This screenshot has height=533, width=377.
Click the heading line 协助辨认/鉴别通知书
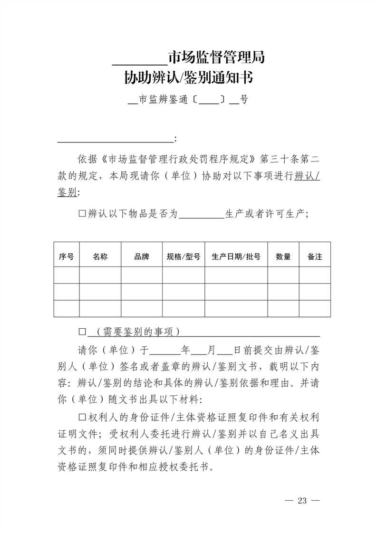pyautogui.click(x=188, y=77)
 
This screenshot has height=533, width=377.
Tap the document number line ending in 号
pyautogui.click(x=188, y=100)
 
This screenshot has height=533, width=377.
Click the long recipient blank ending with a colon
pyautogui.click(x=116, y=140)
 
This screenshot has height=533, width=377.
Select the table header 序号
pyautogui.click(x=66, y=257)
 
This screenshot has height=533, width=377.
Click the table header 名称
pyautogui.click(x=100, y=257)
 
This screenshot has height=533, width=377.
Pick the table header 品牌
pyautogui.click(x=142, y=257)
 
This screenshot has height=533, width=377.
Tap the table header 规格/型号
pyautogui.click(x=184, y=257)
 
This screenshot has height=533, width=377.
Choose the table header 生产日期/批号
pyautogui.click(x=236, y=257)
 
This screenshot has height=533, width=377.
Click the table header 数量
pyautogui.click(x=283, y=257)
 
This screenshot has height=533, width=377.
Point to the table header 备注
pyautogui.click(x=315, y=257)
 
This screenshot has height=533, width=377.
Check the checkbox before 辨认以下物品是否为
pyautogui.click(x=82, y=214)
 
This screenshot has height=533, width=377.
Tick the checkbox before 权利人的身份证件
pyautogui.click(x=82, y=417)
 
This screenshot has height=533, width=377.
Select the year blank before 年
pyautogui.click(x=164, y=351)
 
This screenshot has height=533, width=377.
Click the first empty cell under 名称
pyautogui.click(x=100, y=275)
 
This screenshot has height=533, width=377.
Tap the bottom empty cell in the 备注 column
pyautogui.click(x=315, y=308)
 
